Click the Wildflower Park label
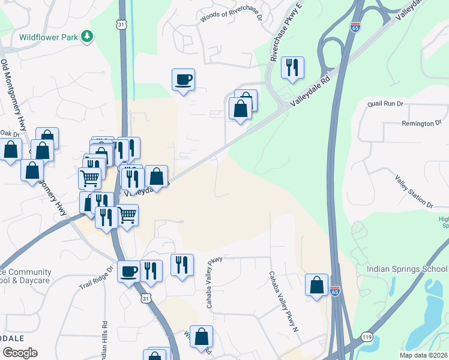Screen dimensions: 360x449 49,37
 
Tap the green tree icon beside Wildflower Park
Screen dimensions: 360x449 88,37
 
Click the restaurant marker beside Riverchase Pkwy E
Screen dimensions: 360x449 292,68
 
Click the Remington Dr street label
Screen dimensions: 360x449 426,124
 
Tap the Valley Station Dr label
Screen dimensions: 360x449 414,191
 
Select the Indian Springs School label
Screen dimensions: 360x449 406,269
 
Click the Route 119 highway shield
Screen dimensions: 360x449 367,338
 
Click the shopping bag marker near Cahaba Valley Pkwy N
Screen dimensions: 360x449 316,285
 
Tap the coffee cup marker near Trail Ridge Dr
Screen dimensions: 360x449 128,272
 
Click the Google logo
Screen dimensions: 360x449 20,353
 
